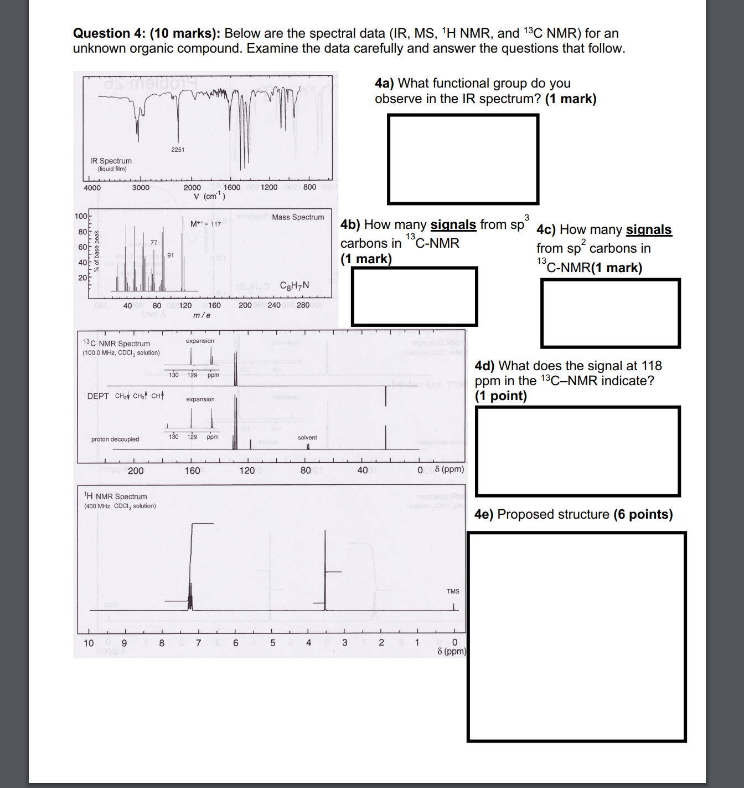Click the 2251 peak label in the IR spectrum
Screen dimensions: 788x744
pos(178,150)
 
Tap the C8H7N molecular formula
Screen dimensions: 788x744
pos(294,286)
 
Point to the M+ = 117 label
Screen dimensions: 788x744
pos(205,224)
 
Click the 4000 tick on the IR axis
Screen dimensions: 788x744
pos(92,187)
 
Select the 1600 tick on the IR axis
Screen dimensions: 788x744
pos(232,187)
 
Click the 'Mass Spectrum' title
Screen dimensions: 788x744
pos(298,217)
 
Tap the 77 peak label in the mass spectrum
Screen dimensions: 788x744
pos(154,243)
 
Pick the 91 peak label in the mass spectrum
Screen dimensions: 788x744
pos(170,255)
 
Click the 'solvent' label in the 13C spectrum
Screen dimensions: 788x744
pos(307,437)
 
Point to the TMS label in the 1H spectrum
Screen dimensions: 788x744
pos(453,591)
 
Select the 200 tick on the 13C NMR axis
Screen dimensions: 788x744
pos(136,471)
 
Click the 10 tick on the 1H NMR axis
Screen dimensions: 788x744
pos(89,643)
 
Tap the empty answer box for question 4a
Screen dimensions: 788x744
pos(463,159)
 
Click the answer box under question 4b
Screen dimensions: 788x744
pos(414,296)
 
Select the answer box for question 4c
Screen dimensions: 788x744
pos(610,313)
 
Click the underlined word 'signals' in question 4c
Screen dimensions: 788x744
pos(648,230)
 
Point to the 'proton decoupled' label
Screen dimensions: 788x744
pos(115,439)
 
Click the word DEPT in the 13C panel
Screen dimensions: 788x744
pos(98,396)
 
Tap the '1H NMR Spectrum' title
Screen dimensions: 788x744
pos(115,497)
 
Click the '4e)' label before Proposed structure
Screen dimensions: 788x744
pos(484,514)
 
